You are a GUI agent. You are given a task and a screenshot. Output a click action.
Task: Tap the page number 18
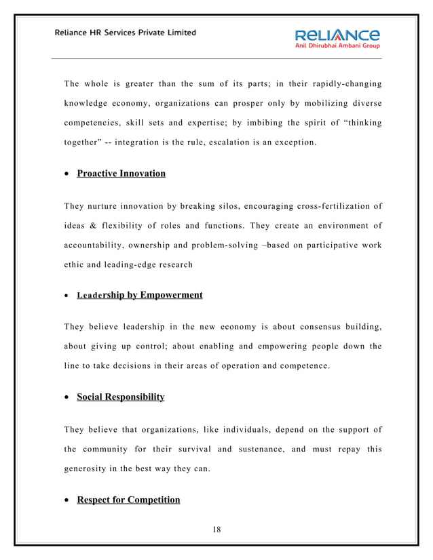tap(216, 529)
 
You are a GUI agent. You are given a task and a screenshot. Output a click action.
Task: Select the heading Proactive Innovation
tap(121, 174)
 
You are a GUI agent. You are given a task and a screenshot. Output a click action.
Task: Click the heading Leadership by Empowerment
tap(139, 296)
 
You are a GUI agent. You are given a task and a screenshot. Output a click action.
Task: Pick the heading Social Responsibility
tap(120, 397)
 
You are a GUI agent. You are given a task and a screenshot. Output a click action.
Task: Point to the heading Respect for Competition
tap(128, 500)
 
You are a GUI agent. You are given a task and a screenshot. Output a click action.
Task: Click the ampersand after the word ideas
tap(93, 226)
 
